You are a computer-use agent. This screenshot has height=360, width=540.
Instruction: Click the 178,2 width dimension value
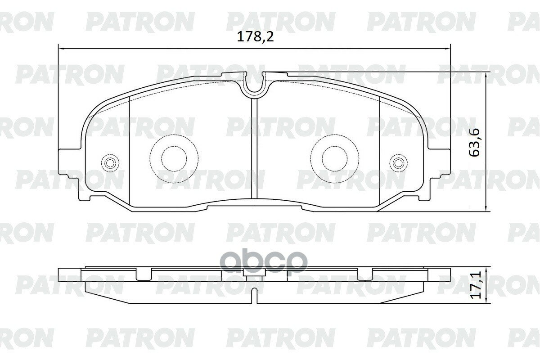point(255,37)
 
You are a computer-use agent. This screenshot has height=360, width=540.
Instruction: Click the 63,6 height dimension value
point(475,142)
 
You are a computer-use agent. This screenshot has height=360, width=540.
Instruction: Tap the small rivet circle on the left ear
point(109,162)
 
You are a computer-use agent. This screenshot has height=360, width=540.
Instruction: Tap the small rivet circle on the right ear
point(398,162)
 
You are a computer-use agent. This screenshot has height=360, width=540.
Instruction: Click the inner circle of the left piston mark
point(174,158)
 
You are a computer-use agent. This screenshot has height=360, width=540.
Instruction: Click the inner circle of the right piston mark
point(334,158)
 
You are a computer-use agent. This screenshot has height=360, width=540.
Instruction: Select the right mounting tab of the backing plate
point(441,164)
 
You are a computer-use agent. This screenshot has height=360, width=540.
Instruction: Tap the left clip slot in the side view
point(143,274)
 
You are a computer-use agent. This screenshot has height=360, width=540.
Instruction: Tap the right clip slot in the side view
point(365,274)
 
